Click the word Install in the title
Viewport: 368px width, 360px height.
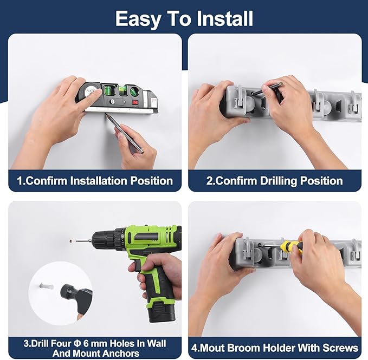coord(225,19)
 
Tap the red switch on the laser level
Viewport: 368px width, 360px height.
coord(135,102)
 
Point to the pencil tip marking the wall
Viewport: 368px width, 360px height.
coord(106,114)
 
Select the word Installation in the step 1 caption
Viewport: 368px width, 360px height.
coord(102,181)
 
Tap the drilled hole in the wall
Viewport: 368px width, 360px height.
coord(70,240)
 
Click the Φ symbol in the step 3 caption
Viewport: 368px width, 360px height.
coord(77,344)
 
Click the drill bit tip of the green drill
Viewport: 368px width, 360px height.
coord(76,241)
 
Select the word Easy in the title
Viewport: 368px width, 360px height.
coord(137,19)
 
